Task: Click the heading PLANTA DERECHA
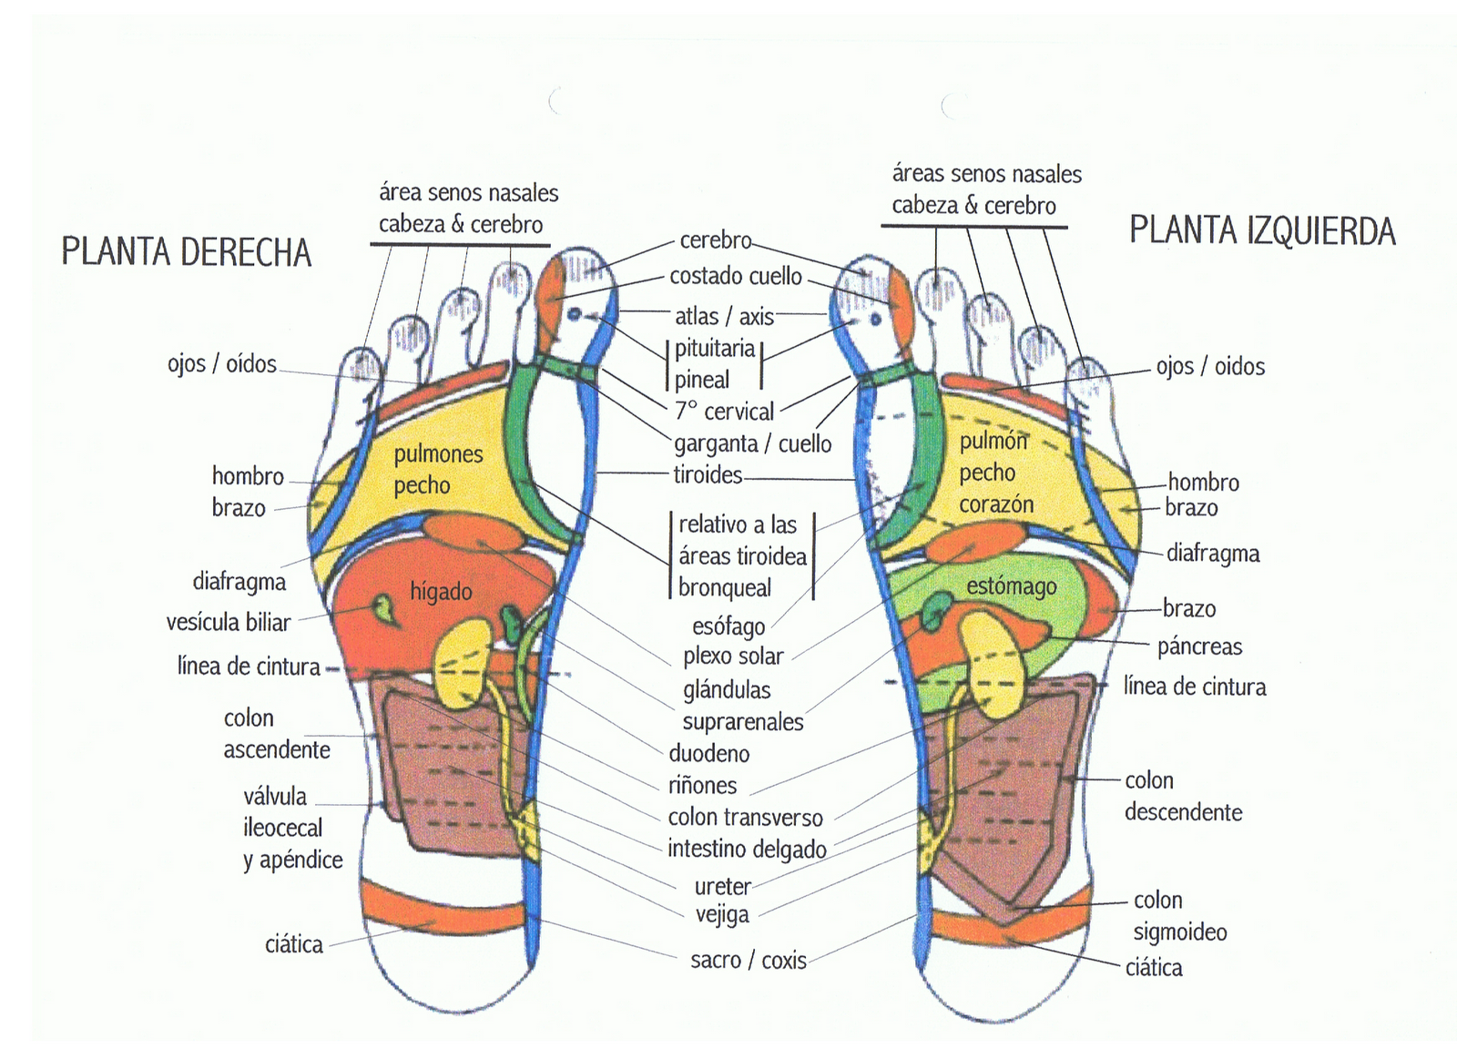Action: [x=186, y=252]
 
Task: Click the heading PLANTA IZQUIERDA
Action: [x=1262, y=230]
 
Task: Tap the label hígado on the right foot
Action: [x=441, y=592]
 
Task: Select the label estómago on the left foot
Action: [x=1012, y=586]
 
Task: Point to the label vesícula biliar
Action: [x=228, y=623]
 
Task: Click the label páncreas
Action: [x=1199, y=647]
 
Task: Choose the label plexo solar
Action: [x=733, y=656]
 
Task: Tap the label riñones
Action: [x=702, y=785]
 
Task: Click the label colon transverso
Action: [x=745, y=817]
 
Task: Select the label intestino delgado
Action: [x=747, y=849]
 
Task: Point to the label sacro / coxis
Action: [x=748, y=960]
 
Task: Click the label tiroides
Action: [x=708, y=474]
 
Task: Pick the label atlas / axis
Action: [x=724, y=316]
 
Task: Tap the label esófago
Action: [x=728, y=626]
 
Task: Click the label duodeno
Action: [x=709, y=753]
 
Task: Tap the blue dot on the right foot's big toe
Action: [x=575, y=315]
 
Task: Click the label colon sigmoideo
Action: [x=1179, y=916]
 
